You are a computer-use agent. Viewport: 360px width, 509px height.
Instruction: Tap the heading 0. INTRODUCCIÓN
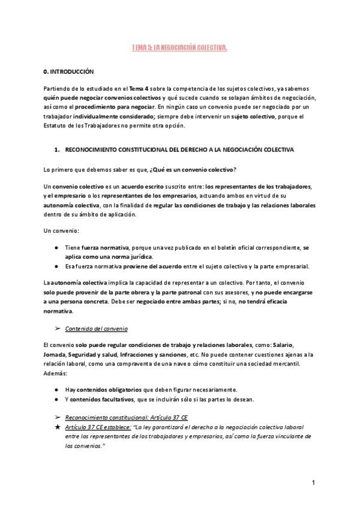click(69, 71)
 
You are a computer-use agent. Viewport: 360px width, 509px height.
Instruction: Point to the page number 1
click(314, 482)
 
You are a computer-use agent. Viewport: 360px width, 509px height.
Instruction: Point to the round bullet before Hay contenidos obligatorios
click(56, 389)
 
